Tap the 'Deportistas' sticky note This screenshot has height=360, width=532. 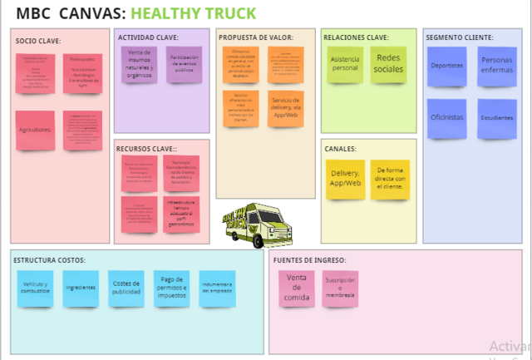(446, 67)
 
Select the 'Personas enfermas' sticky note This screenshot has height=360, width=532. (496, 66)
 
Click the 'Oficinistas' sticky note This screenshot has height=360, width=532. (446, 118)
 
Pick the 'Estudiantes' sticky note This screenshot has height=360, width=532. (496, 118)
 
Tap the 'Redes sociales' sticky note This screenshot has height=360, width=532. (388, 64)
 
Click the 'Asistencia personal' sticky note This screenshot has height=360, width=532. (344, 64)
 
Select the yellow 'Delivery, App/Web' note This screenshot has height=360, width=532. (344, 179)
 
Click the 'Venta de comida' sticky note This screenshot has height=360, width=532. (297, 288)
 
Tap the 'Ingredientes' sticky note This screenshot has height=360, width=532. (81, 288)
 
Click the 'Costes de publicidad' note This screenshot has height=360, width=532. (126, 288)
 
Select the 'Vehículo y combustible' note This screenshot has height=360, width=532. (35, 288)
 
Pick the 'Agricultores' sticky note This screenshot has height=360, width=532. (35, 131)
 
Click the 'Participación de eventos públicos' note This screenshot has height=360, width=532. (183, 64)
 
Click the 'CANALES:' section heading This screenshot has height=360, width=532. (341, 149)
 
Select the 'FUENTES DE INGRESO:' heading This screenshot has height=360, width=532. (309, 260)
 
